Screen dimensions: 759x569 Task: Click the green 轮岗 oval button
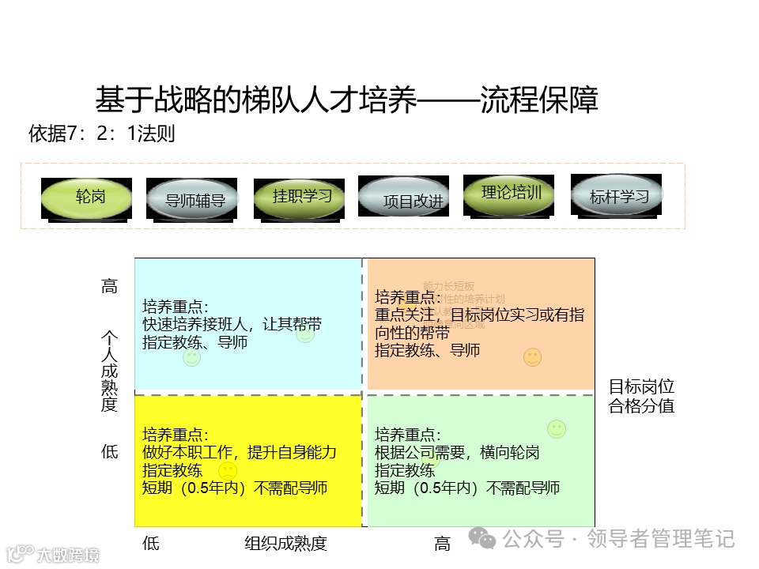(87, 198)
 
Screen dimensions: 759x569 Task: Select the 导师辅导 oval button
(194, 199)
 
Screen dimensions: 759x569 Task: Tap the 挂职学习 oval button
(301, 197)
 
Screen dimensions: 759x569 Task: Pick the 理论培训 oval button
(510, 194)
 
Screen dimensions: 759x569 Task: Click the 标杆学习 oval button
(617, 196)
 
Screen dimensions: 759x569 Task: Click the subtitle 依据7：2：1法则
(102, 134)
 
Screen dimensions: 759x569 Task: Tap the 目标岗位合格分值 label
(641, 396)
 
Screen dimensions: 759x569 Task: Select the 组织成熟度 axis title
(285, 543)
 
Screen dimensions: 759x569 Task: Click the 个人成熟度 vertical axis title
(109, 370)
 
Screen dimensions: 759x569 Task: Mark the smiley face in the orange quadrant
(533, 358)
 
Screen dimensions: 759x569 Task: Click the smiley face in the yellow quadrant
(228, 472)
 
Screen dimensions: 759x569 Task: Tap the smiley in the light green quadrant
(557, 429)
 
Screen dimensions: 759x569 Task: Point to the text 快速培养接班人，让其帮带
(232, 324)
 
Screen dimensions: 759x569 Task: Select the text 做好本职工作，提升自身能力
(239, 452)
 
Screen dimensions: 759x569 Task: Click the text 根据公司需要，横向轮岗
(457, 452)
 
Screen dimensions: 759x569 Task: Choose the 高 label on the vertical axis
(109, 286)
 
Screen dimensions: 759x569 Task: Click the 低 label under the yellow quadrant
(150, 543)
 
